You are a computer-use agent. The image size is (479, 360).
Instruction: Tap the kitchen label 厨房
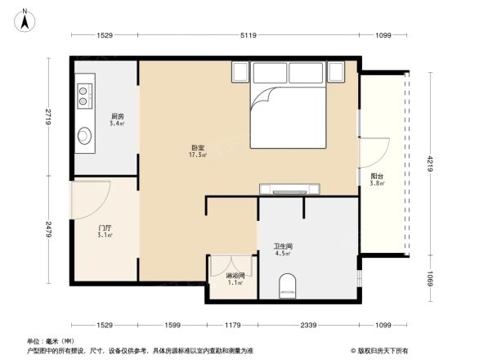pos(118,115)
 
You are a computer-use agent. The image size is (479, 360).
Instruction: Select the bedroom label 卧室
pos(198,147)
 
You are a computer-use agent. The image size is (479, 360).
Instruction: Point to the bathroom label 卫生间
pos(283,245)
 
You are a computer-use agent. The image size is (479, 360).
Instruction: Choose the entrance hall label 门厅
pos(105,227)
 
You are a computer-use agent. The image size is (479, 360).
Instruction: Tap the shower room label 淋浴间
pos(235,276)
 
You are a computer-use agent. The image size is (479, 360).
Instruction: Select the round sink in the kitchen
pos(85,136)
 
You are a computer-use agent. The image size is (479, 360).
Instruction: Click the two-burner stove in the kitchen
pos(84,97)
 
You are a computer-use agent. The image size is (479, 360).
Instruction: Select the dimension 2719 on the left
pos(49,116)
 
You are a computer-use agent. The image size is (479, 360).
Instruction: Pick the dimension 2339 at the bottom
pos(308,326)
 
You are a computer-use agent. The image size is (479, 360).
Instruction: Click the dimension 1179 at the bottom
pos(232,326)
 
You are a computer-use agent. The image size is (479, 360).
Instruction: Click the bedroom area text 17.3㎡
pos(198,155)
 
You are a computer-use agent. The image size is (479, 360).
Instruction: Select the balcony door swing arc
pos(371,155)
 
